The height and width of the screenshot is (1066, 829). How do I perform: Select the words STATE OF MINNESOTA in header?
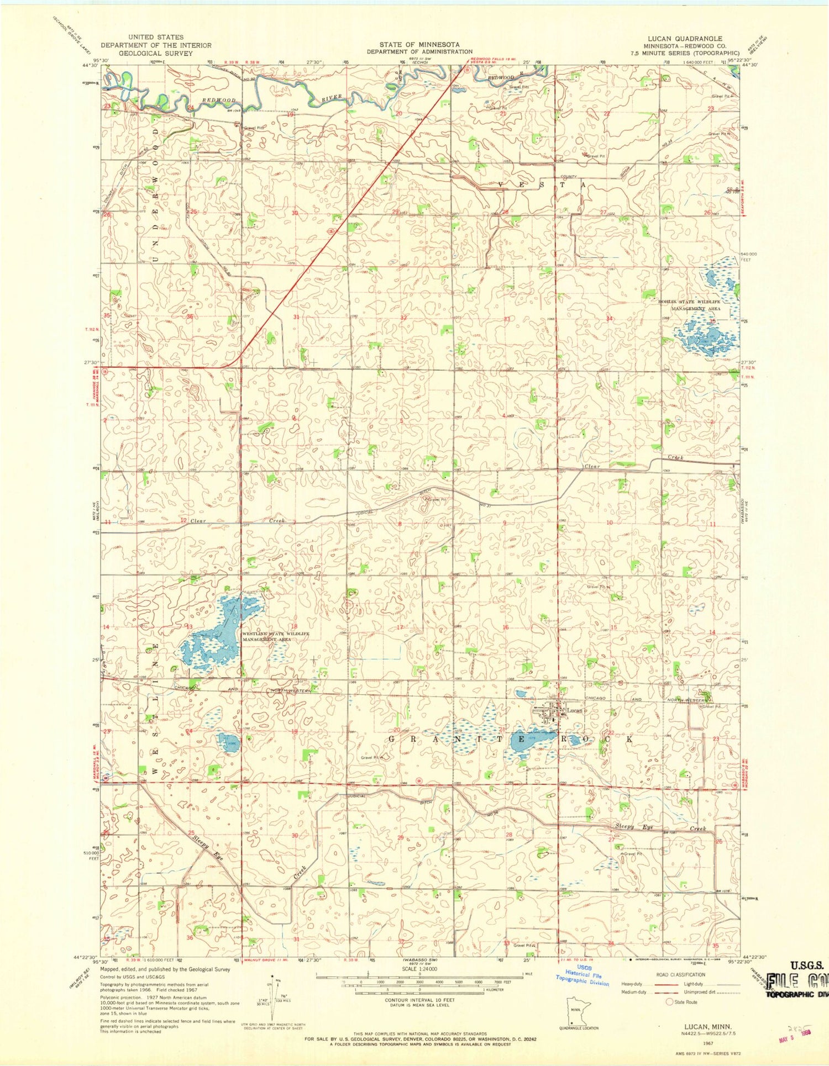[419, 44]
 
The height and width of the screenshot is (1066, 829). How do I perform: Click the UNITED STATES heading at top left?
[156, 37]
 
